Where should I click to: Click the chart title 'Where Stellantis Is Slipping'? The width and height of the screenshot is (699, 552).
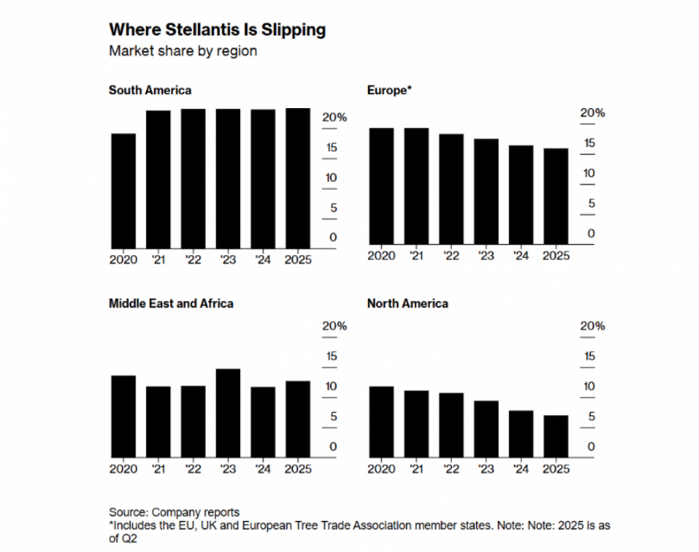[x=217, y=30]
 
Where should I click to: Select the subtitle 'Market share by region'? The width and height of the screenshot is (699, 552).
[x=183, y=51]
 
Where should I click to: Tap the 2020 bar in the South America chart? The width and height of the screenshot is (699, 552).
[x=123, y=190]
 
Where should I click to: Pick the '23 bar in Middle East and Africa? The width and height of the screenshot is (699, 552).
[x=228, y=412]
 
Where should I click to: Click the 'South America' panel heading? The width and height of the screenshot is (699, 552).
[x=150, y=90]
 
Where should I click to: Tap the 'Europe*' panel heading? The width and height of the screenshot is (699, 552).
[x=389, y=90]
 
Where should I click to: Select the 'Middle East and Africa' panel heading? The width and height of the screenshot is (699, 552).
[x=171, y=303]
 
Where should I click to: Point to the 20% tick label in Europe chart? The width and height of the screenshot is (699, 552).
[x=593, y=114]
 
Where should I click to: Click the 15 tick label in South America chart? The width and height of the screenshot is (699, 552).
[x=332, y=148]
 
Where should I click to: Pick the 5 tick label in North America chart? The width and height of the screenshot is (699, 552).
[x=591, y=417]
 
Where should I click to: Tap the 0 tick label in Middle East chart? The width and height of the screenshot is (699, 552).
[x=333, y=447]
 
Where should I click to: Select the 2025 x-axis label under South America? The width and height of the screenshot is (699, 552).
[x=298, y=260]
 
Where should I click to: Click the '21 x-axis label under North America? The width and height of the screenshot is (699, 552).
[x=416, y=469]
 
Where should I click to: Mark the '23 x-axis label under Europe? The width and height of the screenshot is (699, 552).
[x=486, y=256]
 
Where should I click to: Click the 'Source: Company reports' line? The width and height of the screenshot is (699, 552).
[x=174, y=512]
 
